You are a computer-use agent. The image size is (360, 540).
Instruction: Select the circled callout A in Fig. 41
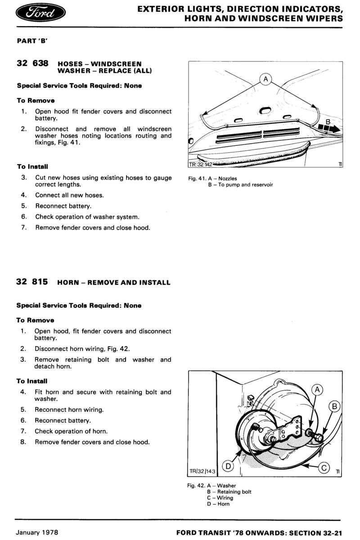(x=265, y=80)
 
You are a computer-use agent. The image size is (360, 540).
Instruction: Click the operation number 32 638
(x=32, y=63)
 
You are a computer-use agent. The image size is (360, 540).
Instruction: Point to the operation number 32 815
(x=32, y=282)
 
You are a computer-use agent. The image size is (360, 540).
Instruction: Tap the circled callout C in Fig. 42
(x=324, y=468)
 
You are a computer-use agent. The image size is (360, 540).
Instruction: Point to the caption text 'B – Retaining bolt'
(x=229, y=492)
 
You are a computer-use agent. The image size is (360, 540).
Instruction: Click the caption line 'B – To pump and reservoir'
(x=240, y=184)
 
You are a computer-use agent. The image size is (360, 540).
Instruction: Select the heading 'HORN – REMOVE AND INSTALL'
(x=114, y=283)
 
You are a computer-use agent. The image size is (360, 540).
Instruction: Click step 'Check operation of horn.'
(x=71, y=431)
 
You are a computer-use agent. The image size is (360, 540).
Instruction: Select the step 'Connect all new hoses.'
(x=69, y=195)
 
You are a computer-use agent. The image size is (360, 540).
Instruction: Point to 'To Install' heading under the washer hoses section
(x=32, y=166)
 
